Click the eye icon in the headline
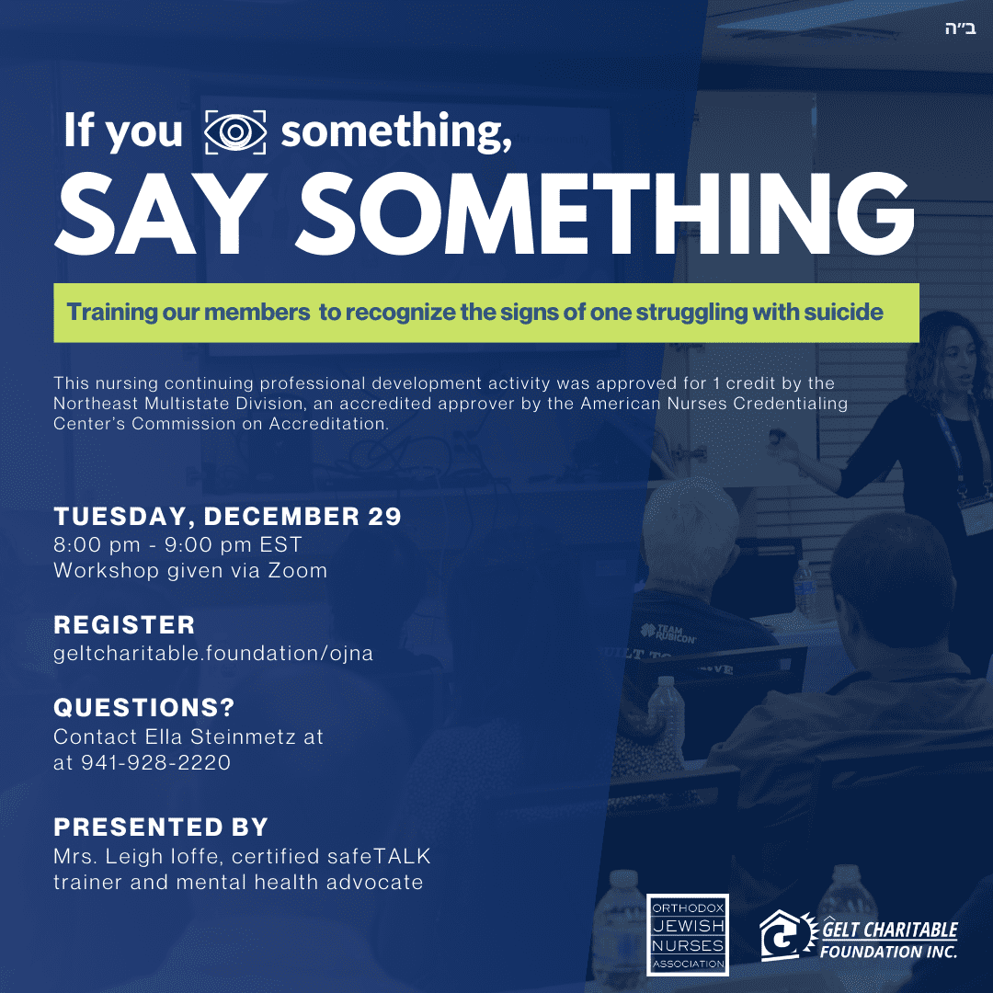235,131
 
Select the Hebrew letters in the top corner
960,29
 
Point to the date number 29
384,516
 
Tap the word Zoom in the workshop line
298,571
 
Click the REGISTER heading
124,625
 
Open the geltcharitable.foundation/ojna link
213,653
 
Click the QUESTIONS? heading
144,707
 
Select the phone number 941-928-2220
155,762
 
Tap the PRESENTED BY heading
162,827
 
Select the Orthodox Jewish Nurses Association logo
688,935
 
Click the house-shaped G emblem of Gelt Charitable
788,935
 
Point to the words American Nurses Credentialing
713,404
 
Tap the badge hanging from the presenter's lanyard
976,518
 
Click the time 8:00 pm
97,544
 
